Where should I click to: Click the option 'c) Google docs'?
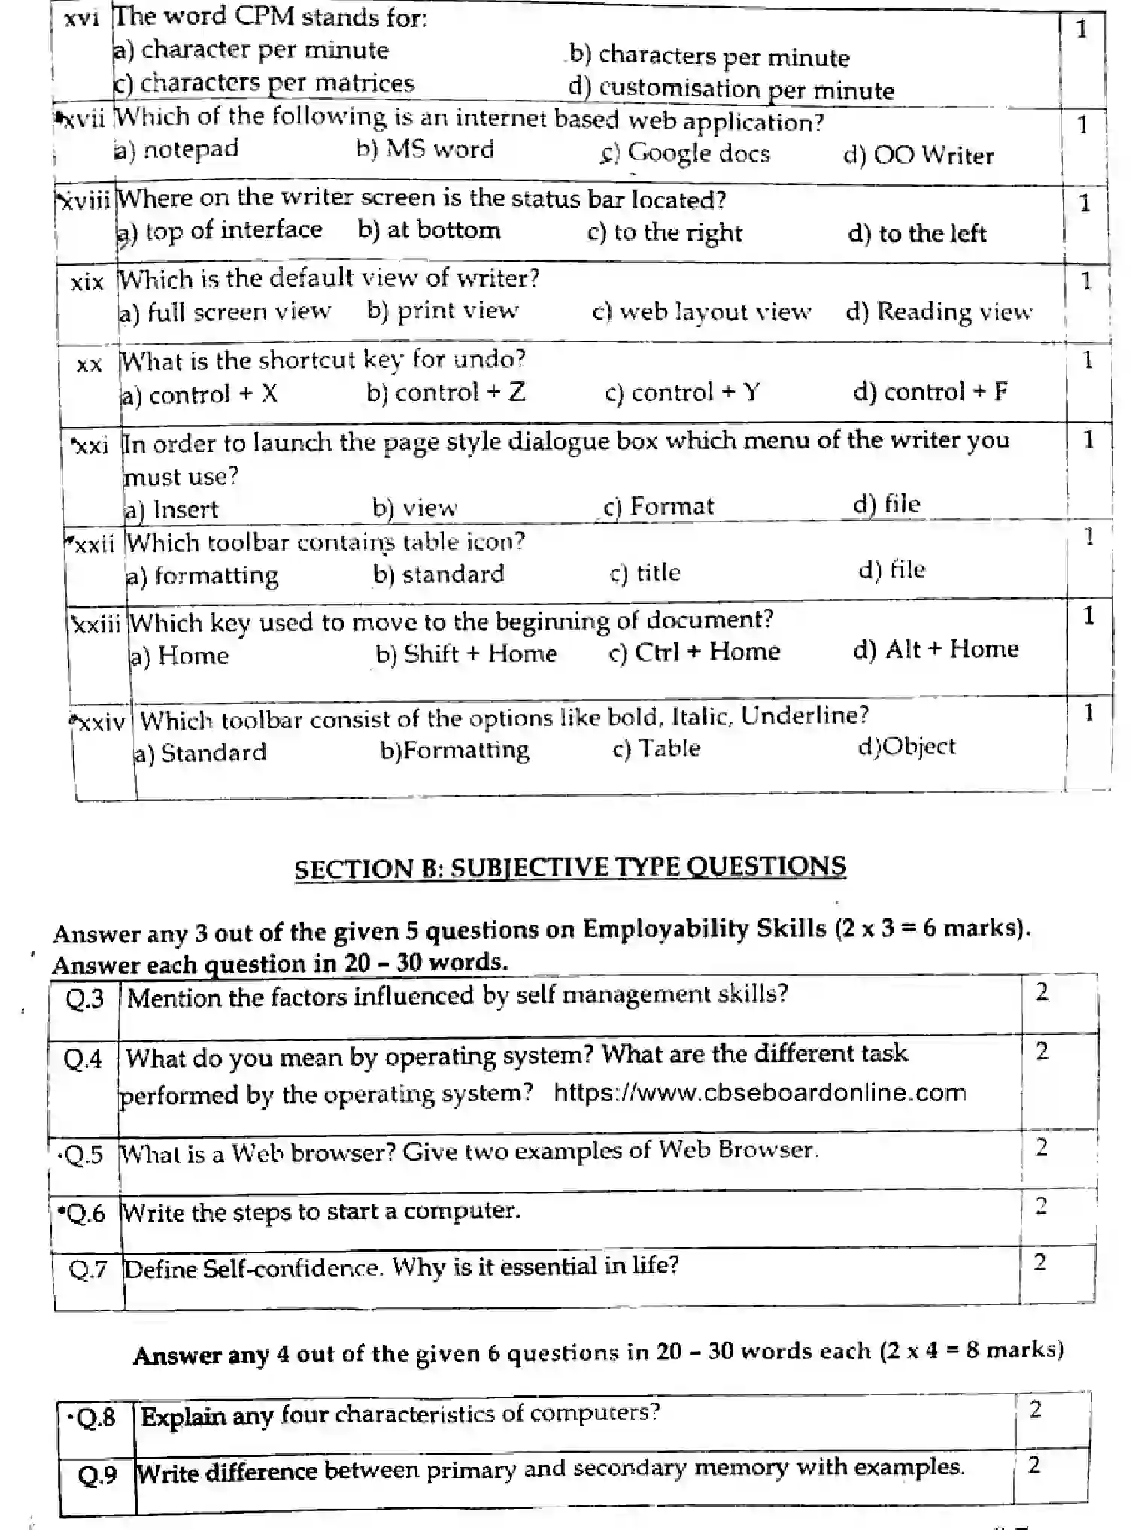click(684, 153)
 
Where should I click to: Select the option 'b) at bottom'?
click(429, 229)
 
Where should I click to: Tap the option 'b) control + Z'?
click(446, 392)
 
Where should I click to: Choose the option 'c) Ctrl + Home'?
click(694, 651)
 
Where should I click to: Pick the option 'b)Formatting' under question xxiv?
click(454, 750)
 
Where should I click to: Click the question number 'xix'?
click(87, 283)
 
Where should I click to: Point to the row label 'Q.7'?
click(89, 1270)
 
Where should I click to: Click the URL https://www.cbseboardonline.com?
click(760, 1092)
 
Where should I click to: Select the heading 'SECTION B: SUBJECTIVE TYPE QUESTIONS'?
click(569, 867)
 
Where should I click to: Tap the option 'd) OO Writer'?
click(918, 156)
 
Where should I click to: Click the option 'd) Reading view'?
click(939, 311)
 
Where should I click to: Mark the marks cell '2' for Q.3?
click(1042, 992)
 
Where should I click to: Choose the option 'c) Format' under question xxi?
click(658, 506)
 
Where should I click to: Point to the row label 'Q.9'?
click(97, 1474)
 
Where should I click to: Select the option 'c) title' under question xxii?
click(645, 573)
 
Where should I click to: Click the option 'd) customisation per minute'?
click(731, 90)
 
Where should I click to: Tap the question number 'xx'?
click(89, 364)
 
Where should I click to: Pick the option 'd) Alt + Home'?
click(936, 649)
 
